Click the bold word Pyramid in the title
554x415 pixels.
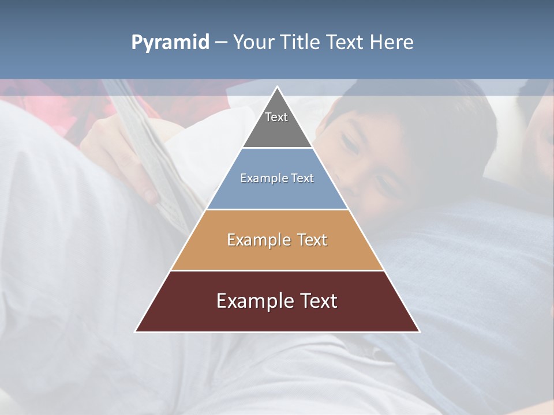[170, 42]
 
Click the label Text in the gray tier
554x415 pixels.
[276, 117]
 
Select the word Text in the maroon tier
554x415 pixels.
[318, 301]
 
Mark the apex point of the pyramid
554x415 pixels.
[277, 87]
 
